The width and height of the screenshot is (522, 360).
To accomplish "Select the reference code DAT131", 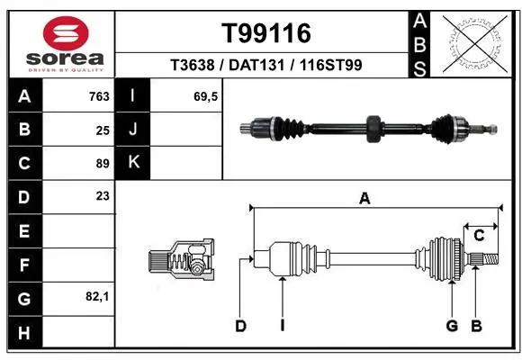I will pyautogui.click(x=266, y=65).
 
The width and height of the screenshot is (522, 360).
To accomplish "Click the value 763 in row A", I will pyautogui.click(x=99, y=96).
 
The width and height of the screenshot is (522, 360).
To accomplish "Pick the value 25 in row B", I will pyautogui.click(x=103, y=130).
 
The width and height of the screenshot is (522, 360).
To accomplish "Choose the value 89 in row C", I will pyautogui.click(x=103, y=163).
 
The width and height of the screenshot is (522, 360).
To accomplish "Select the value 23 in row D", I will pyautogui.click(x=103, y=195).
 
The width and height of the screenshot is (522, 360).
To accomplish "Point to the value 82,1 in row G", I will pyautogui.click(x=97, y=295).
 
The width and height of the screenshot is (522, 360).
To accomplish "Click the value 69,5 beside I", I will pyautogui.click(x=206, y=96).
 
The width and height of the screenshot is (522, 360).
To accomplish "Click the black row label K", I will pyautogui.click(x=133, y=163).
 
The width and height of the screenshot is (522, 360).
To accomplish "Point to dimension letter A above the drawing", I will pyautogui.click(x=364, y=199).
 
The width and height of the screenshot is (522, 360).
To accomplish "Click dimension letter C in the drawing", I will pyautogui.click(x=480, y=236).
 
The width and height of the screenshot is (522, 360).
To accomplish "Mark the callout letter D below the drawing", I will pyautogui.click(x=240, y=326).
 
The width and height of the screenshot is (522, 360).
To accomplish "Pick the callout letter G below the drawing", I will pyautogui.click(x=452, y=326).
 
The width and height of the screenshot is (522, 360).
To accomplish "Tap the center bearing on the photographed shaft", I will pyautogui.click(x=373, y=129).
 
